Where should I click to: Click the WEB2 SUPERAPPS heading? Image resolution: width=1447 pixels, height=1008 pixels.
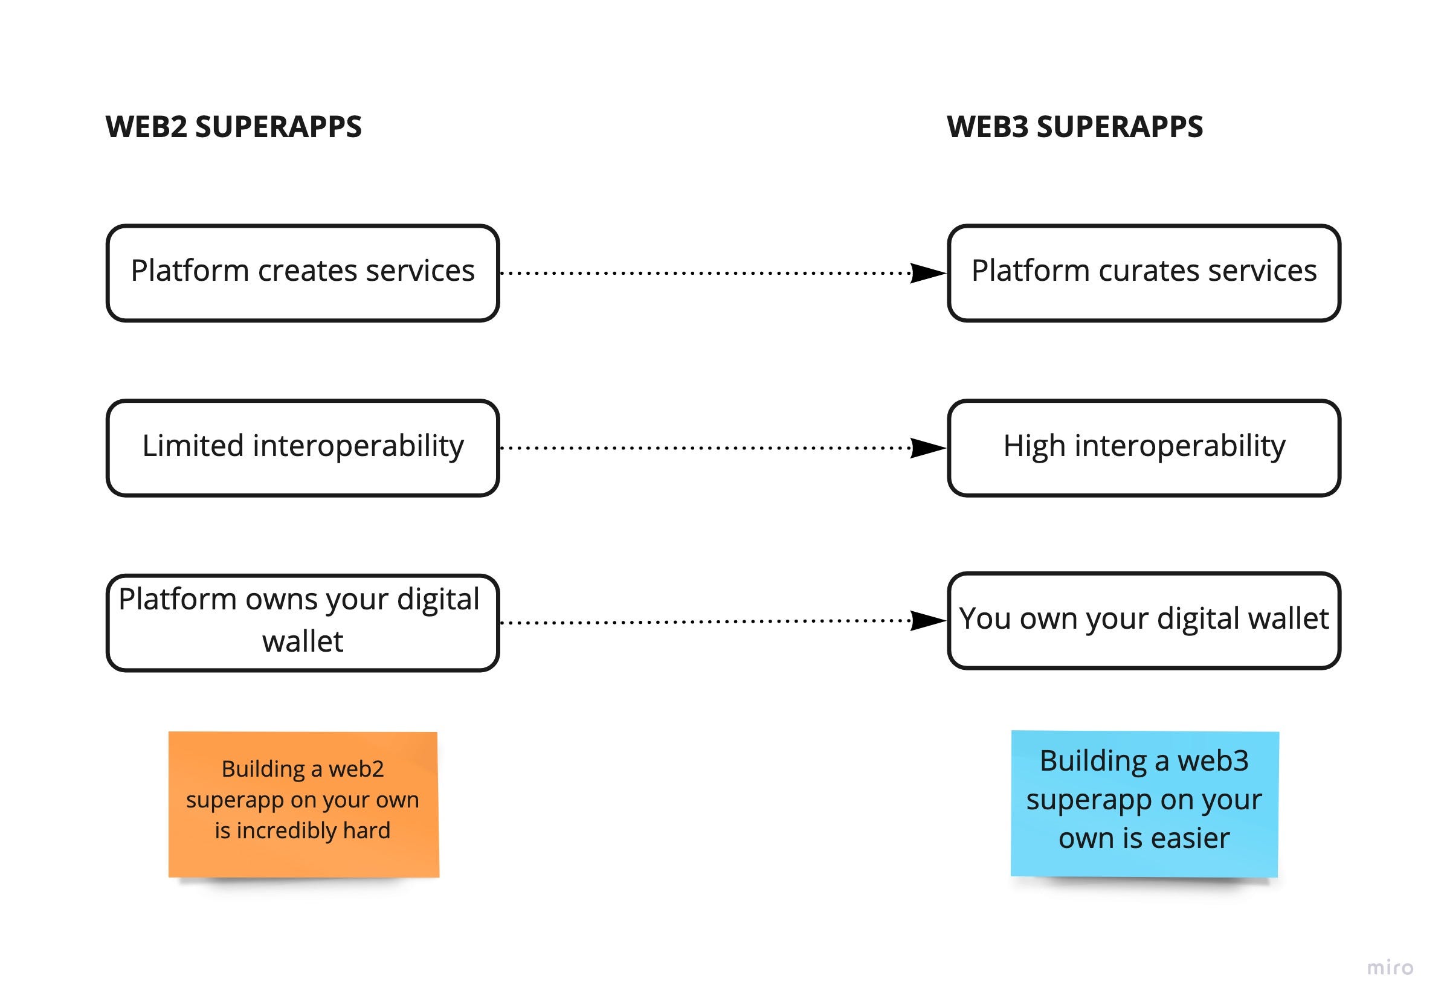tap(233, 127)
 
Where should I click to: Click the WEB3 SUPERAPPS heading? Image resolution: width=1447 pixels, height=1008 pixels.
tap(1075, 127)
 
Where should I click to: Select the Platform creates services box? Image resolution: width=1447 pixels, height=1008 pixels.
tap(303, 273)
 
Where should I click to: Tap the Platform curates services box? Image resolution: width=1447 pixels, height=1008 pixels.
tap(1143, 273)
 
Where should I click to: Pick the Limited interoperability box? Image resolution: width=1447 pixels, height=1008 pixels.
tap(303, 448)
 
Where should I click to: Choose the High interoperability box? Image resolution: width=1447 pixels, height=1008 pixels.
tap(1143, 448)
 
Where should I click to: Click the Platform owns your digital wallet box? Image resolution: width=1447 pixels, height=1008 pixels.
tap(303, 623)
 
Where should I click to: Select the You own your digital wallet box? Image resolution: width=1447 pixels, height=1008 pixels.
tap(1143, 620)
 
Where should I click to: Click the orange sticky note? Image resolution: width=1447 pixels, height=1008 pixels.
tap(304, 804)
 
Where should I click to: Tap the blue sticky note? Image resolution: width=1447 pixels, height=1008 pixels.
tap(1144, 803)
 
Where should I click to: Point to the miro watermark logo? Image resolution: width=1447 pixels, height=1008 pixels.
tap(1390, 967)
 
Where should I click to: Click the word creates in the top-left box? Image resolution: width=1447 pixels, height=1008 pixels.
tap(307, 271)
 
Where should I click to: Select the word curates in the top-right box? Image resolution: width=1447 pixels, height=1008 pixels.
tap(1149, 271)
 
